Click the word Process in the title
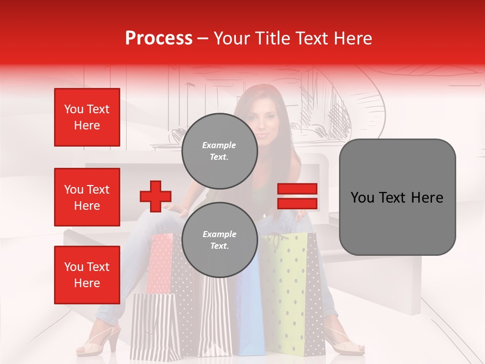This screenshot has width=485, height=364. point(159,38)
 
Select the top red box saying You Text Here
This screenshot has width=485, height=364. point(87,117)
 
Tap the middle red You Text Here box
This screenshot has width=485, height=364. point(87,197)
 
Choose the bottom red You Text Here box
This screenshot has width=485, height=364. point(87,275)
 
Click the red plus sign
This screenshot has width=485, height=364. point(156,196)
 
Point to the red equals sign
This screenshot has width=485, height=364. point(297,196)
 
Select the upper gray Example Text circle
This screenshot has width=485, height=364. point(219,151)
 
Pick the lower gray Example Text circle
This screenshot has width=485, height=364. point(219,240)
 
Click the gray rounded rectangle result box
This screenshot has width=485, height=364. point(397,197)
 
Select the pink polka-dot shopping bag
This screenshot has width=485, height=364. point(161,263)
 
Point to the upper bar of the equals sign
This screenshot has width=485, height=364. point(297,189)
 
